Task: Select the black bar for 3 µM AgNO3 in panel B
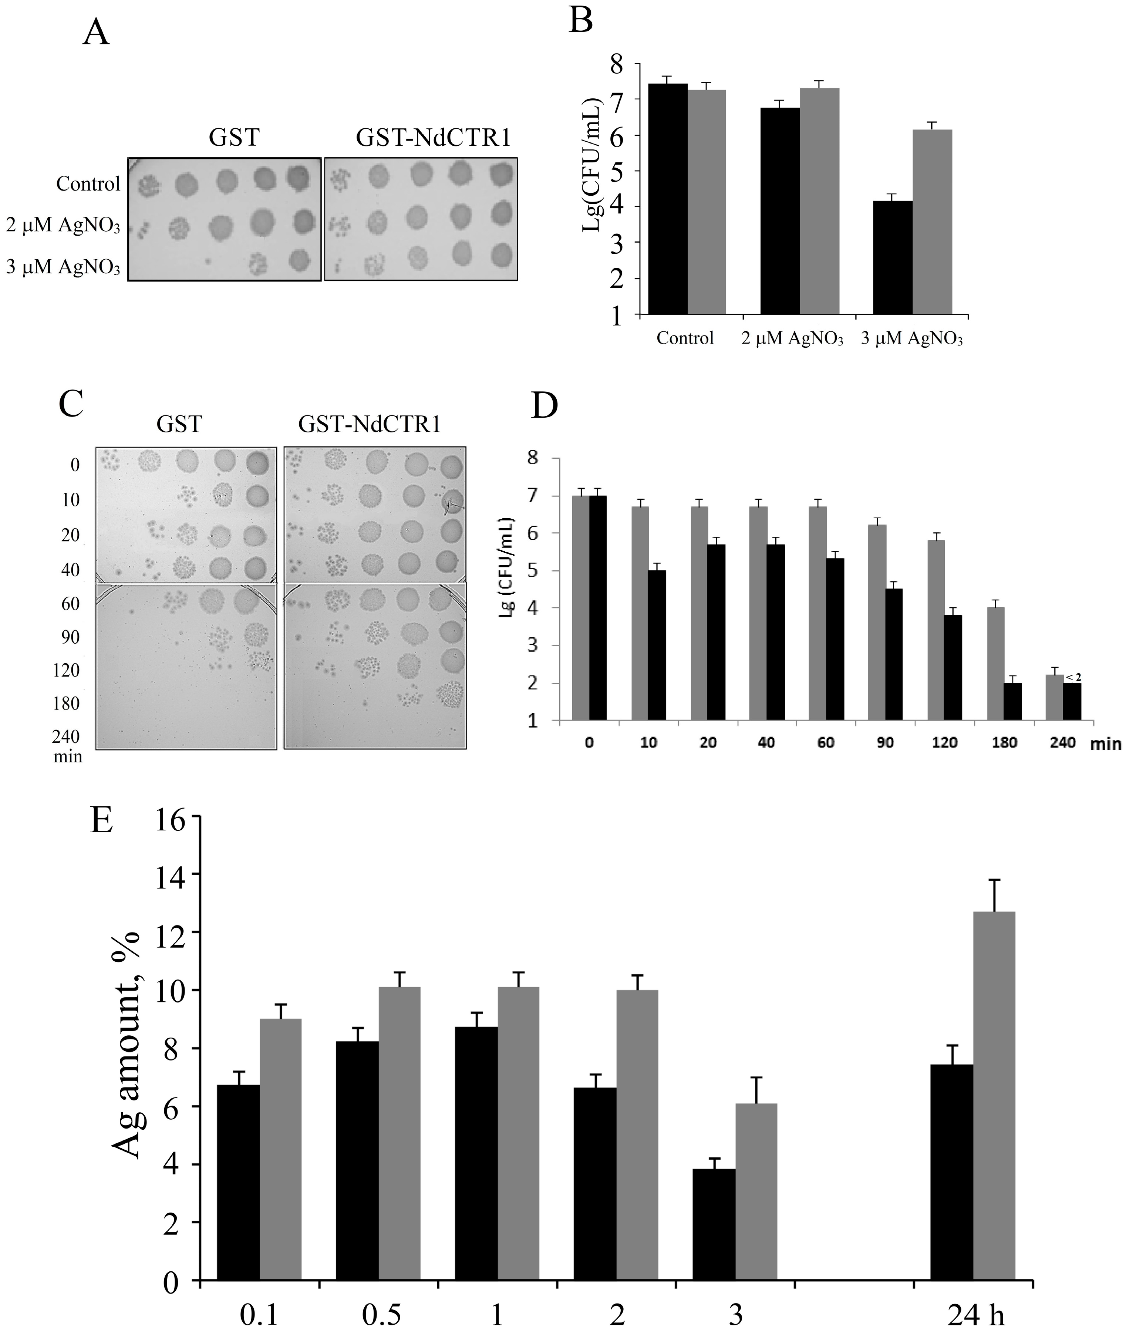tap(892, 257)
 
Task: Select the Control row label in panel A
tap(88, 184)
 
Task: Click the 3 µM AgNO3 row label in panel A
tap(63, 267)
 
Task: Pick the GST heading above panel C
tap(179, 424)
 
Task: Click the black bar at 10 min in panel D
tap(657, 645)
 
